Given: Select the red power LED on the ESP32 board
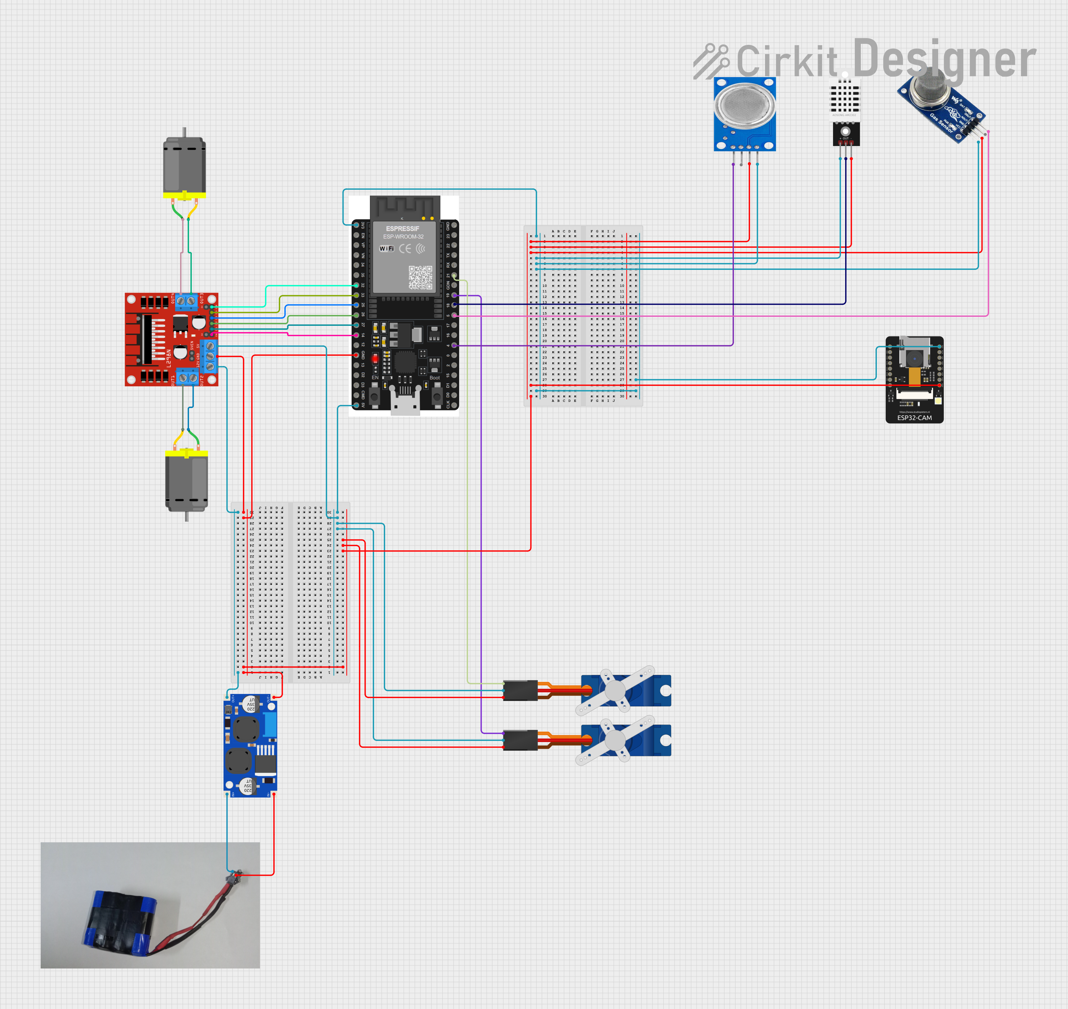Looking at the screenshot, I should coord(375,358).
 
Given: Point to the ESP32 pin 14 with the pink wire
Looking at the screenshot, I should coord(356,335).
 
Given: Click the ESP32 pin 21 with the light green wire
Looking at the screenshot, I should coord(454,275).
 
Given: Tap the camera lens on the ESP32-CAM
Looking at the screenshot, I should coord(914,358).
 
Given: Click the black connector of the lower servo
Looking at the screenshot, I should coord(520,740).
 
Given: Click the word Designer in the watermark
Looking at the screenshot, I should coord(944,59).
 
